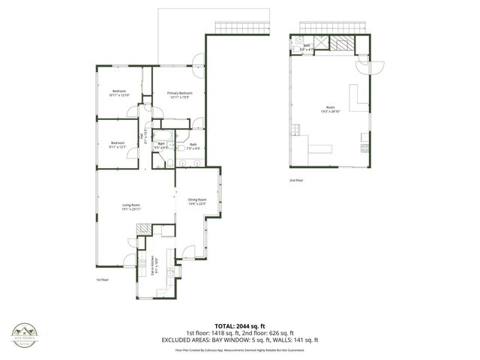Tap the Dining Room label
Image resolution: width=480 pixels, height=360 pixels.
point(197,201)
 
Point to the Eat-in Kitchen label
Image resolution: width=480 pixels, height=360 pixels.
point(154,265)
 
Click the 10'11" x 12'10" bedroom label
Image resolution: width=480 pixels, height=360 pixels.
point(119,94)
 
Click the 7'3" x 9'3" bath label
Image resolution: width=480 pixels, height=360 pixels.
point(193,146)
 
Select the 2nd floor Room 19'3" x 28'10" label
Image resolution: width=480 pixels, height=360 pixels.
point(331,109)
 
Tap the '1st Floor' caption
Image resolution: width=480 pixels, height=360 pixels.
point(103,280)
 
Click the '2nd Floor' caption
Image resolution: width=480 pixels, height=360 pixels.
point(296,181)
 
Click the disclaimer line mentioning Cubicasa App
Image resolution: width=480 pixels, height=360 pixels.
point(240,349)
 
